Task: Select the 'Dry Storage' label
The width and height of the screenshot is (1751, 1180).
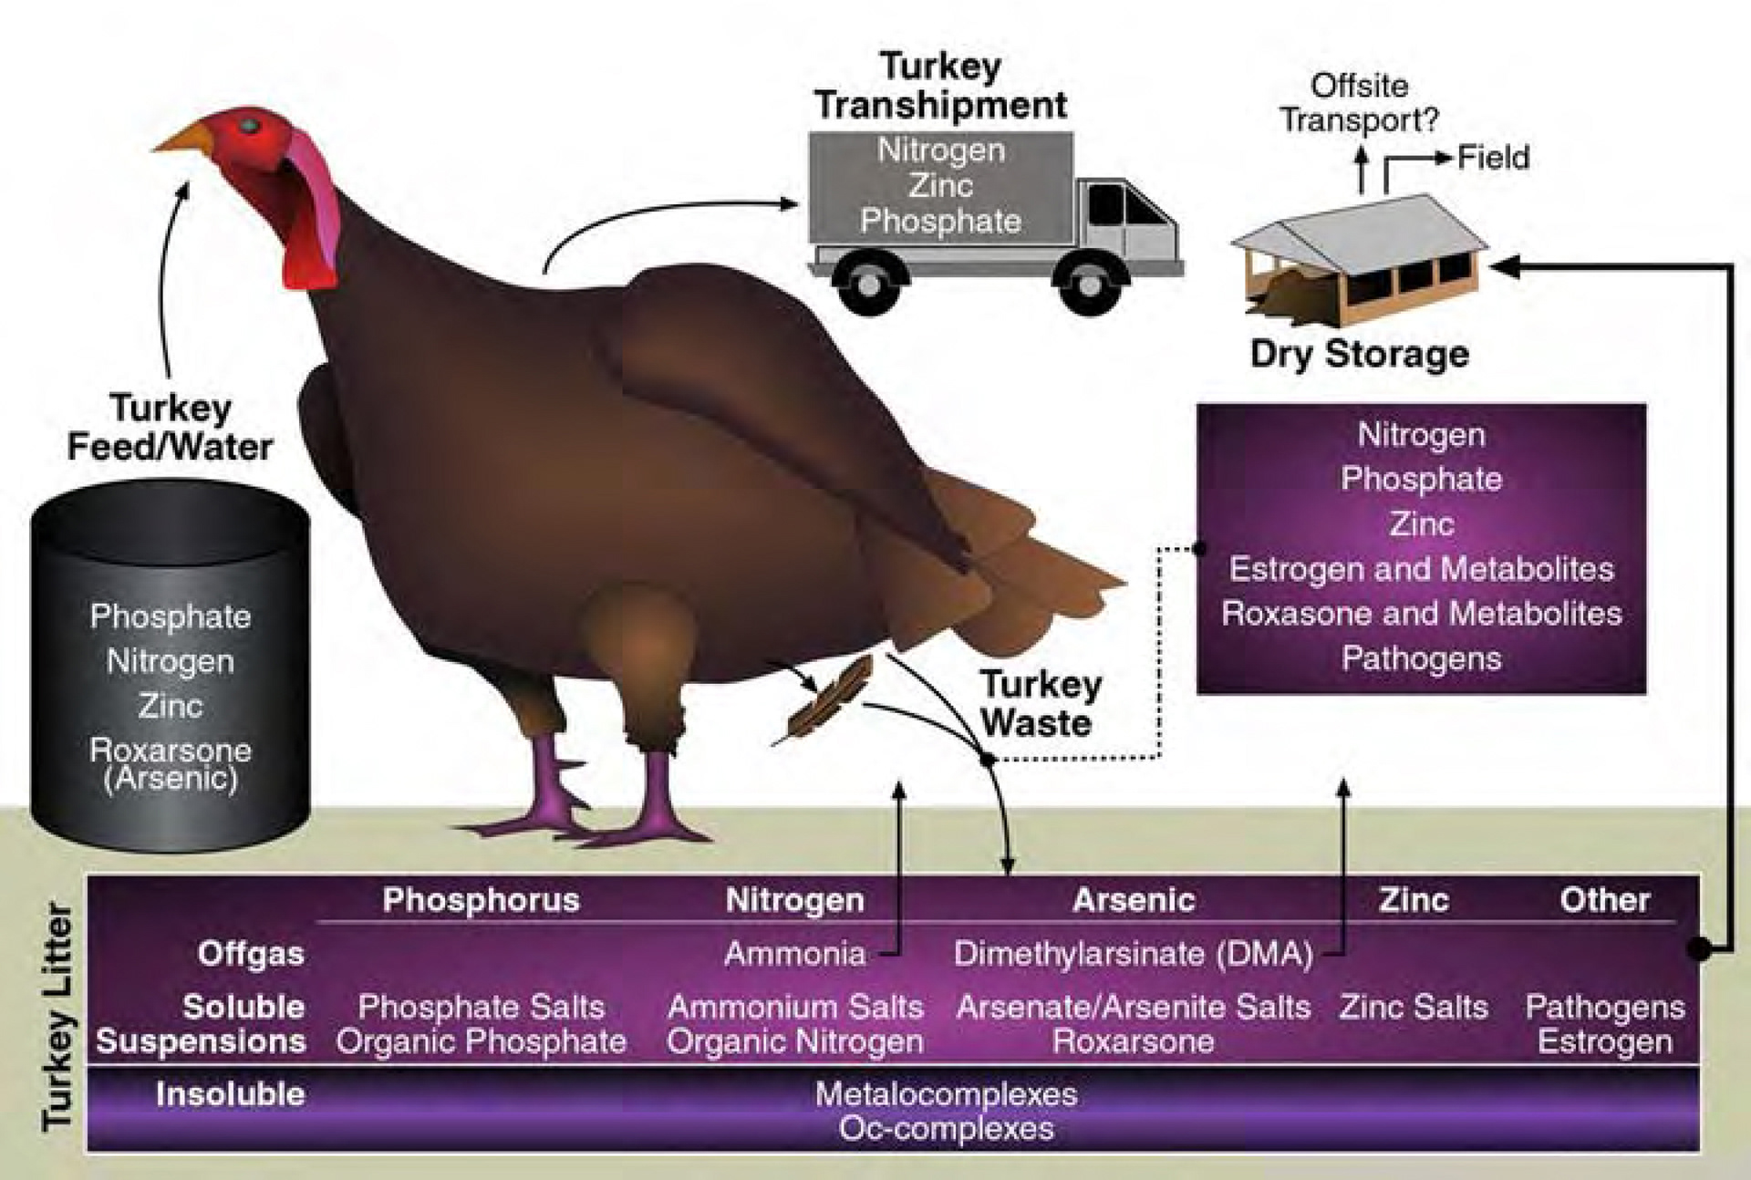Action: click(x=1359, y=354)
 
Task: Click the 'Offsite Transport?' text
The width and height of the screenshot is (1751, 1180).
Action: click(x=1359, y=103)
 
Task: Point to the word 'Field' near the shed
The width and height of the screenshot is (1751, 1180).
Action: click(x=1493, y=158)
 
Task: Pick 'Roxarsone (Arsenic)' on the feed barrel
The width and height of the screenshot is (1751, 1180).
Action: click(x=171, y=763)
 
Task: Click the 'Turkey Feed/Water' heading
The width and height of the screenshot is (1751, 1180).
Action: click(x=171, y=427)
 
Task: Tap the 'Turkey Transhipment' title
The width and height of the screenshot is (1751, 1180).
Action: click(x=940, y=86)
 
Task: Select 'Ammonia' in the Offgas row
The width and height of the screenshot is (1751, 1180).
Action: click(x=794, y=954)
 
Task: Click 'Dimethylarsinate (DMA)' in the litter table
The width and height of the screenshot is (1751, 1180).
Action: click(x=1133, y=954)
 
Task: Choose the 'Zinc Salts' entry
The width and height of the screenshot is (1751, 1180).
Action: click(x=1414, y=1007)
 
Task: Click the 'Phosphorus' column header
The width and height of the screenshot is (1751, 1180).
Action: click(x=481, y=900)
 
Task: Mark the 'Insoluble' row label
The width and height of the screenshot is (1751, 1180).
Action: click(x=230, y=1093)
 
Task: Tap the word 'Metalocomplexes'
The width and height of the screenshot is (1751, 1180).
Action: click(x=946, y=1093)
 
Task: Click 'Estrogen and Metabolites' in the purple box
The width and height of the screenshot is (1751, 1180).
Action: click(x=1421, y=569)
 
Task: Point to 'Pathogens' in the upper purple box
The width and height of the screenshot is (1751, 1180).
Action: click(x=1421, y=657)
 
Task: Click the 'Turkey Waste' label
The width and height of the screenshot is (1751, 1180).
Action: click(x=1040, y=703)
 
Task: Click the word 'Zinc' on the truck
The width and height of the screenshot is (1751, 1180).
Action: click(x=940, y=186)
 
